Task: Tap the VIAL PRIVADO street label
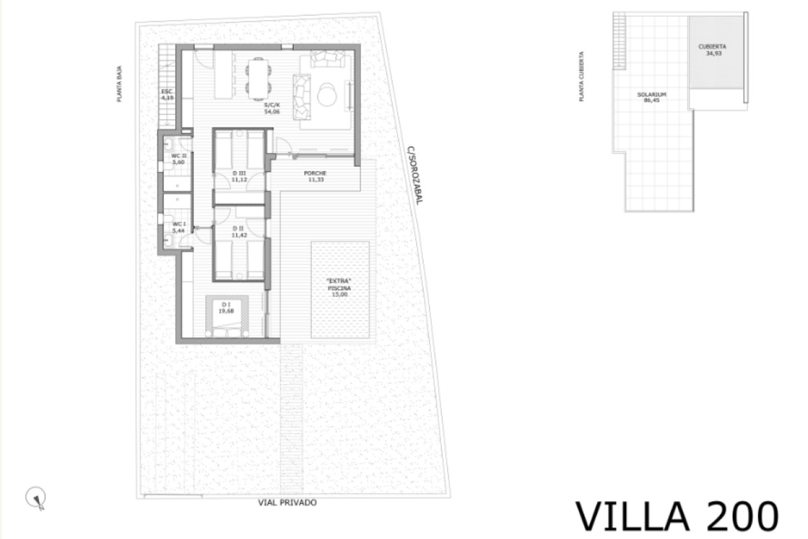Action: [x=287, y=502]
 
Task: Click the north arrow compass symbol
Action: [x=35, y=498]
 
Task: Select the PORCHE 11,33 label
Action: [x=315, y=176]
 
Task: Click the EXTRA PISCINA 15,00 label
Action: [x=339, y=288]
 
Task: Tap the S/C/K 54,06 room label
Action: [x=272, y=108]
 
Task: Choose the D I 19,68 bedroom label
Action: [x=226, y=308]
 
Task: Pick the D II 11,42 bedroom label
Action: [x=239, y=232]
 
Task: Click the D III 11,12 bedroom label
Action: [x=239, y=176]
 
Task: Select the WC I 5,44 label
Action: [x=179, y=227]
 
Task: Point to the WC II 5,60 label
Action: [x=178, y=159]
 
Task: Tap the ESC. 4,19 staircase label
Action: [x=167, y=94]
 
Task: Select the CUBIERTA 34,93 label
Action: [x=712, y=50]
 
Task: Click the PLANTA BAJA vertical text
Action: [x=120, y=84]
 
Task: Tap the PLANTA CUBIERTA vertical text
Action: [x=582, y=76]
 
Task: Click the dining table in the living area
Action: [x=258, y=79]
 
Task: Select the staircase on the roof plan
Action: [x=619, y=40]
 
